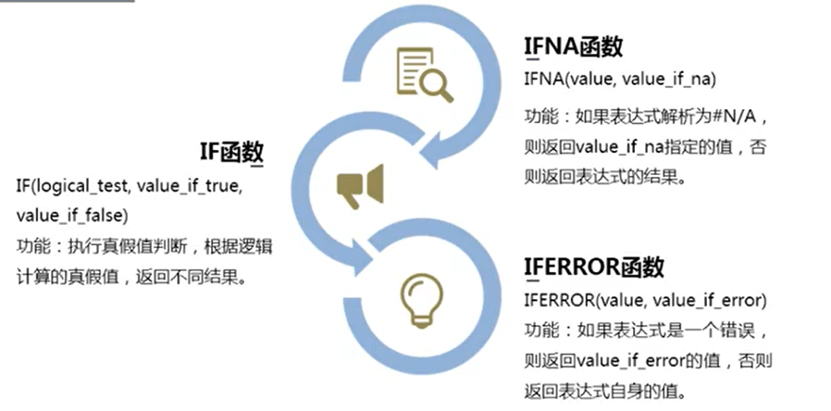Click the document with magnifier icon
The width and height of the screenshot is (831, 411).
[423, 76]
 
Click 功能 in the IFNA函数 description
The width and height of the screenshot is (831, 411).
[540, 118]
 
